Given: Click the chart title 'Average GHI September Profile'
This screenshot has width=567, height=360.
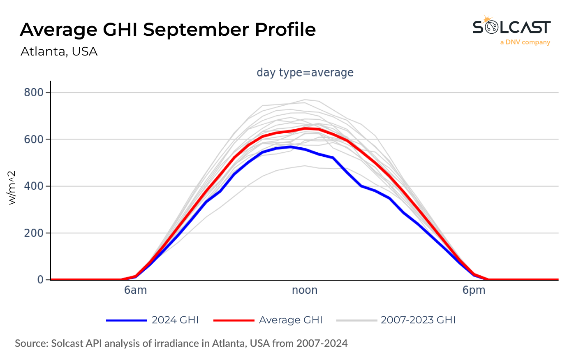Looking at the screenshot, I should pos(168,30).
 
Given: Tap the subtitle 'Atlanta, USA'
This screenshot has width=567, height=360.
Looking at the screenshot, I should pos(59,51).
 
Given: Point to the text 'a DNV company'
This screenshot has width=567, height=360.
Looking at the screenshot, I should pos(525,42).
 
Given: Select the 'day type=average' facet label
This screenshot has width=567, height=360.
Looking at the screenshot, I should pos(305,72).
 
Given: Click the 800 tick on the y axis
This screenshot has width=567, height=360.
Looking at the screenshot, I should pos(34,92).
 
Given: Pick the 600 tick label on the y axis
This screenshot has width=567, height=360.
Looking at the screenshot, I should pos(34,139).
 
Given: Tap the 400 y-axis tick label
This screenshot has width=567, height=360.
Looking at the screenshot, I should pos(34,186).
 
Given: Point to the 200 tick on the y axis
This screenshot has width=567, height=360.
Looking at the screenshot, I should pos(34,233).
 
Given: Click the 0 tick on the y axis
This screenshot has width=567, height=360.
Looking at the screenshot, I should pos(40,280).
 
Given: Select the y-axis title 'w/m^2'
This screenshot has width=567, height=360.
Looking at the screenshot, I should pos(12,187).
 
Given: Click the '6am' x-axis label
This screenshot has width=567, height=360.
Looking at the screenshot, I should pos(135,290).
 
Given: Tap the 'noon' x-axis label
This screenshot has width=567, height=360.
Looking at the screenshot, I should pos(305,290).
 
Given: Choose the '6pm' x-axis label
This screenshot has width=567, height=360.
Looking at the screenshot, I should pos(474,290).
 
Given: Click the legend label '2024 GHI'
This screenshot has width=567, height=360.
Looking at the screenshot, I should pos(175,320).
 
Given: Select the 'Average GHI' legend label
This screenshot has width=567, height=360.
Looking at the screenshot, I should pos(291,320).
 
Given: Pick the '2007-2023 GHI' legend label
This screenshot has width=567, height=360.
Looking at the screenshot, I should pos(418,320).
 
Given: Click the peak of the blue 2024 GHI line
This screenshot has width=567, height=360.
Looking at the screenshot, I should pos(291,147).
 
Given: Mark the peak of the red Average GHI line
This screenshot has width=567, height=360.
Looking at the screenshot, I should pos(305,128).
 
